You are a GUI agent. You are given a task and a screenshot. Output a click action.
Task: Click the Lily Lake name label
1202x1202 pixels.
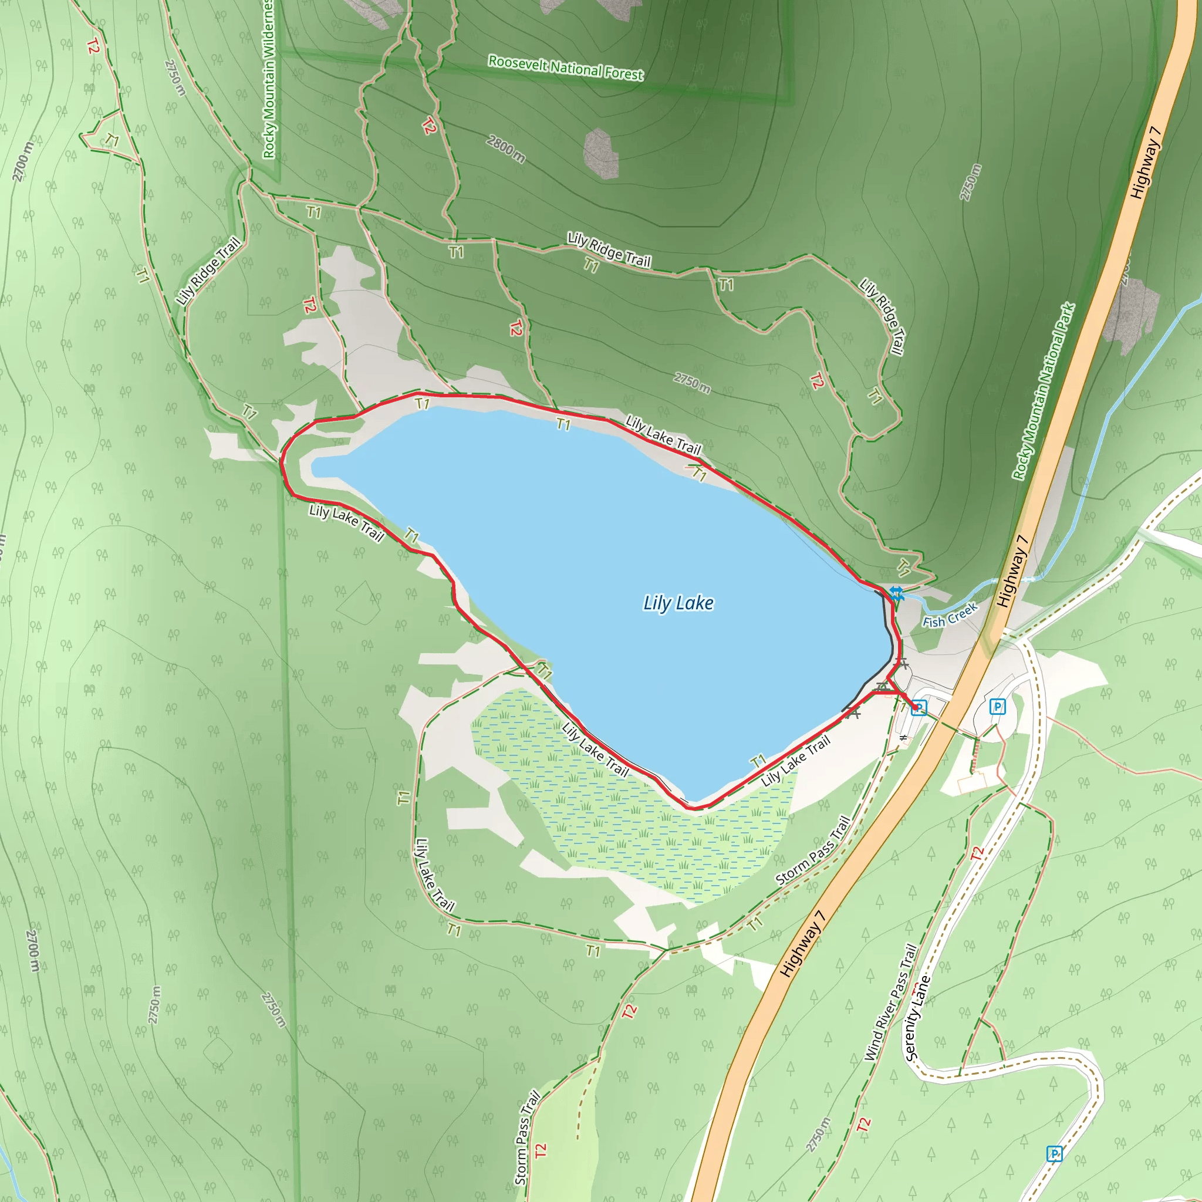(678, 603)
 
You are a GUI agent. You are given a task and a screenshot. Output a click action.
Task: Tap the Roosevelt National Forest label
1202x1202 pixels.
(565, 68)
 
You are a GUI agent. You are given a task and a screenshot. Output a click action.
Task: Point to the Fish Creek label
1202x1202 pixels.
(950, 617)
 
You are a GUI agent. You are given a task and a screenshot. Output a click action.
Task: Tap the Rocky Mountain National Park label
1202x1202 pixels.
(1044, 391)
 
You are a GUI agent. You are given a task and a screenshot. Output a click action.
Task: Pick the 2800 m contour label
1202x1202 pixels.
(505, 149)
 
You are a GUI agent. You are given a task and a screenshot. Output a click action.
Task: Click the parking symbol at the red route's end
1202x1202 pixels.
(919, 707)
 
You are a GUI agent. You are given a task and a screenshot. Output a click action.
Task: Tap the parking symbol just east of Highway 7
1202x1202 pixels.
(997, 706)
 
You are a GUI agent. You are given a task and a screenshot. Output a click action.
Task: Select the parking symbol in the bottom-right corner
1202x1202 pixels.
(1054, 1154)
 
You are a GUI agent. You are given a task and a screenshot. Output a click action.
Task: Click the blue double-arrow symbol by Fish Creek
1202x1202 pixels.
(896, 592)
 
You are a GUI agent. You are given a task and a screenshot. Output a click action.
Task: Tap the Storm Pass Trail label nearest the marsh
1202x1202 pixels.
(812, 850)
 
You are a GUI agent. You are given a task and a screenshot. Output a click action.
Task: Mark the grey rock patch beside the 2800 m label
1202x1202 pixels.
(601, 153)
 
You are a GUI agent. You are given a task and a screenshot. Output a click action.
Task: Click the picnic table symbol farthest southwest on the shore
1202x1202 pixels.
(852, 714)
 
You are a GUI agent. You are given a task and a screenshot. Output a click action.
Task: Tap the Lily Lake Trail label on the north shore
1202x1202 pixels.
(663, 435)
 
